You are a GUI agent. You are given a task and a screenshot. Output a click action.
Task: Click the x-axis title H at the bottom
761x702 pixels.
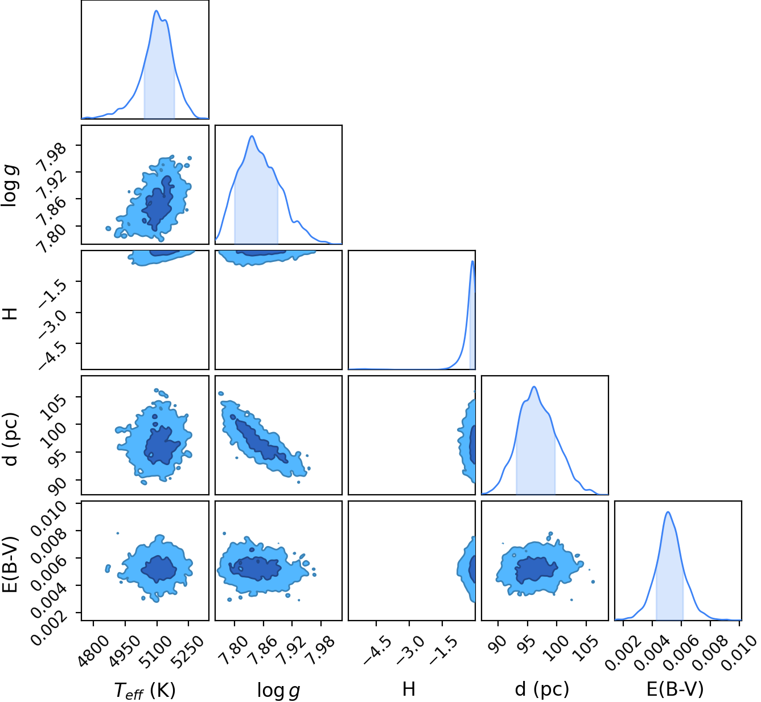coord(409,689)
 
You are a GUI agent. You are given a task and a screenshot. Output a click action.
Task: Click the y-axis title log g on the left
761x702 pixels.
coord(10,186)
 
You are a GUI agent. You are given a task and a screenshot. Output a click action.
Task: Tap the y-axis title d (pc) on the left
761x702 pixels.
coord(10,439)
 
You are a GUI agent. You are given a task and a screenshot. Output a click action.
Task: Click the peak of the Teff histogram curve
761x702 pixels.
coord(156,11)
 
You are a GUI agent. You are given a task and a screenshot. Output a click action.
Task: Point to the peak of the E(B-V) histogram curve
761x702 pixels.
coord(668,512)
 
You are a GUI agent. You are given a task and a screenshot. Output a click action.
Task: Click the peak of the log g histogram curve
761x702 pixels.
coord(252,136)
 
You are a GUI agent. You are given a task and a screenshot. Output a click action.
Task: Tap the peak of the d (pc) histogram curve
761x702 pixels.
coord(534,387)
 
